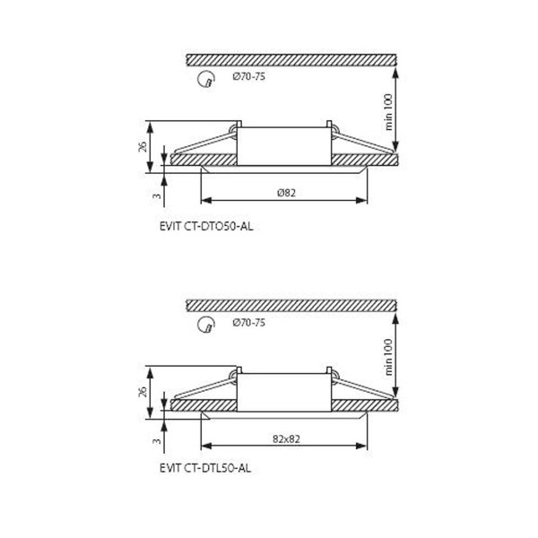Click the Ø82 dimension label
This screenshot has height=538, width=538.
(286, 193)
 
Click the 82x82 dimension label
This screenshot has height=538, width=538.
(286, 438)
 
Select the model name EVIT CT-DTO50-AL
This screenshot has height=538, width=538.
(206, 227)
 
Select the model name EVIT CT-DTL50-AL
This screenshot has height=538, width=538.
(205, 468)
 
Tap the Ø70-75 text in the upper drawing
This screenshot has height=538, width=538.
(248, 76)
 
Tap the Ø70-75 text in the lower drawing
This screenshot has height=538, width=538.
(248, 323)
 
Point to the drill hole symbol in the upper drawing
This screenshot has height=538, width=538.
(206, 79)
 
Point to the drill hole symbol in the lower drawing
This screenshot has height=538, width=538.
(206, 325)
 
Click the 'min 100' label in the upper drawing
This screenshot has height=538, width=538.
(387, 112)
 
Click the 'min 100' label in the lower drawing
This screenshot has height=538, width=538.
(387, 357)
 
